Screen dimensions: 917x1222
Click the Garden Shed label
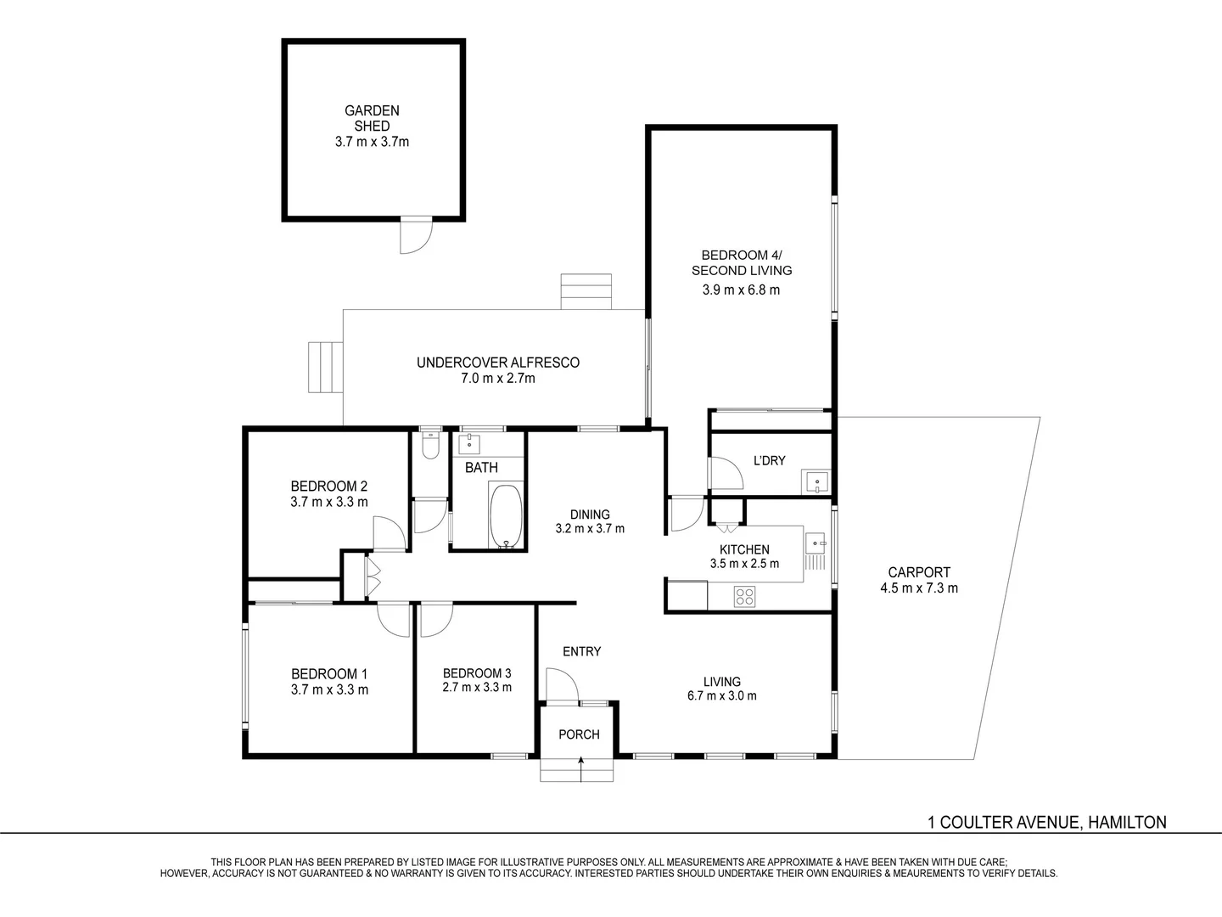pos(372,118)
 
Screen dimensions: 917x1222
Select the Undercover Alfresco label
pos(497,363)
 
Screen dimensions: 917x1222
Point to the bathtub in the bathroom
pos(507,516)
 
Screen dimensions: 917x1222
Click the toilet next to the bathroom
pos(430,446)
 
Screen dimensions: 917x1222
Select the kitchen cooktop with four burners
pos(744,597)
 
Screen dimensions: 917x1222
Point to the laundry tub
pos(816,483)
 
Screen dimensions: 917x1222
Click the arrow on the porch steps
pos(580,768)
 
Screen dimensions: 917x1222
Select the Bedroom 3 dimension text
pos(477,688)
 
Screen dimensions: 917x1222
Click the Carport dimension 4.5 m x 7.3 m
pos(919,588)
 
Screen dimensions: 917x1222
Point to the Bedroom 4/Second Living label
pos(742,262)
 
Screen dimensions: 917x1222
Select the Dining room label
pos(590,515)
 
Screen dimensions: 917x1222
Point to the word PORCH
pos(579,734)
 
